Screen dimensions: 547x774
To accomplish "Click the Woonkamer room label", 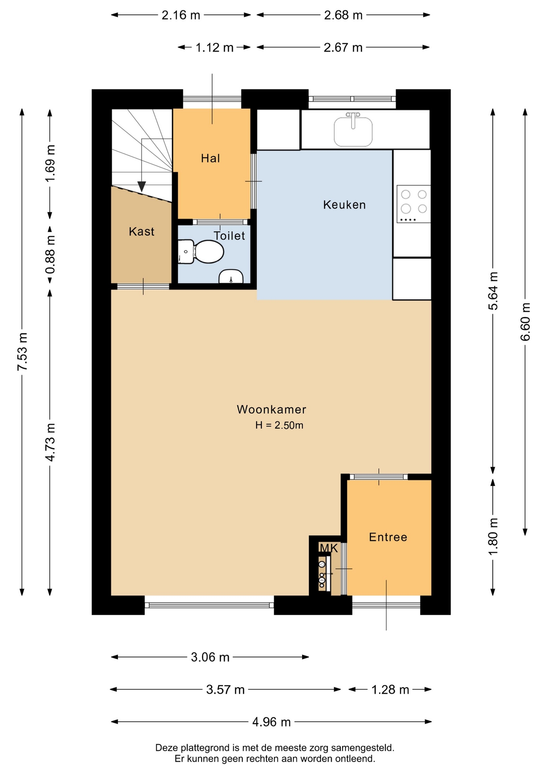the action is coord(271,410).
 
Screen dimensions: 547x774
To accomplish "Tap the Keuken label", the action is coord(344,205).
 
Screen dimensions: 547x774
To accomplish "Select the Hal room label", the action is coord(211,158).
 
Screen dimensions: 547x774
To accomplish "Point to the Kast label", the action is coord(141,231).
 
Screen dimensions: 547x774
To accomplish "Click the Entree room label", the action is coord(388,537).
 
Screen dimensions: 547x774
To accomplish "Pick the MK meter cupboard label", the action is coord(329,548).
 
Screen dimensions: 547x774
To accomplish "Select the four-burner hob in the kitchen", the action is coord(414,204).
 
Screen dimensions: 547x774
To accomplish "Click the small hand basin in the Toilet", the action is coord(231,277).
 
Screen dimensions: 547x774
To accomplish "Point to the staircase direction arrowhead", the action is coord(141,187).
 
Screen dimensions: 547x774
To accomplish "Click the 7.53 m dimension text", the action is coord(23,352).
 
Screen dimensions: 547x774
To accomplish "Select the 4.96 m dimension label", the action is coord(271,722).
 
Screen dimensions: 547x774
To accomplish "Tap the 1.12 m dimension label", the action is coord(215,48).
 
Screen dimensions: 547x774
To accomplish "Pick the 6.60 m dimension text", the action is coord(525,322).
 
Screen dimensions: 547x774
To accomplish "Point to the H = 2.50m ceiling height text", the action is coord(279,425).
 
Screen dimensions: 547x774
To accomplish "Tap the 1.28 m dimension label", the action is coord(390,690).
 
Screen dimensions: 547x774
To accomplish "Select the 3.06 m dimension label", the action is coord(210,657).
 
